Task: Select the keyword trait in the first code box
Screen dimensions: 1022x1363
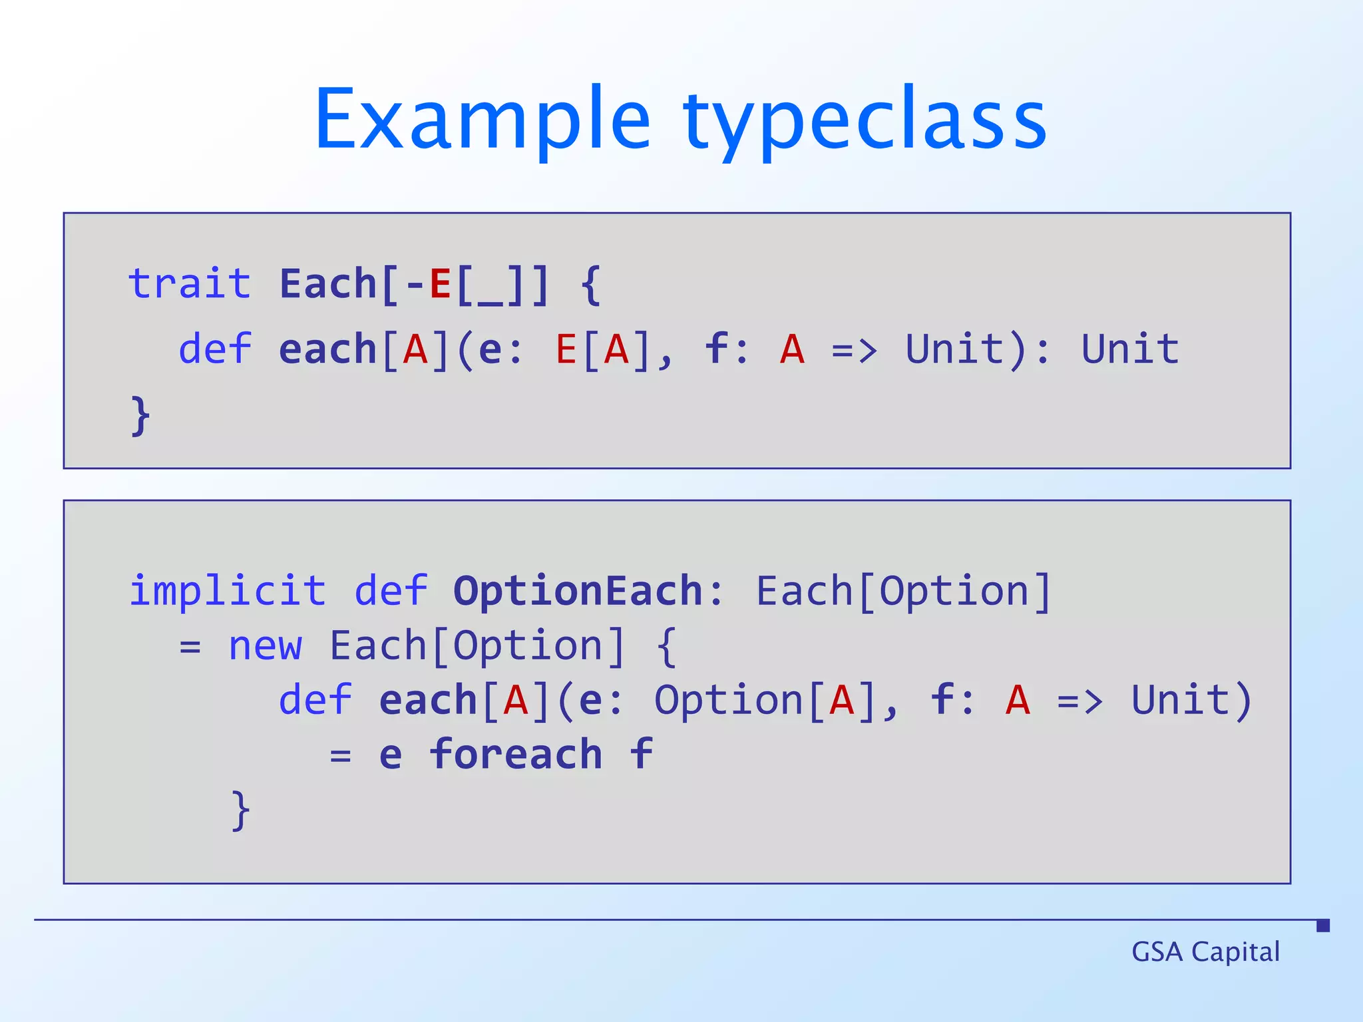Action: (x=190, y=284)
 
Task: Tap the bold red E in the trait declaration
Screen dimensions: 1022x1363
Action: (x=440, y=284)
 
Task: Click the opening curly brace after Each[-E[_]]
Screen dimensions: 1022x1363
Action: (x=591, y=285)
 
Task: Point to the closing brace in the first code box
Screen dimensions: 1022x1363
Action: (x=140, y=416)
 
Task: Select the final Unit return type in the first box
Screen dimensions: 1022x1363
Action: (x=1129, y=349)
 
